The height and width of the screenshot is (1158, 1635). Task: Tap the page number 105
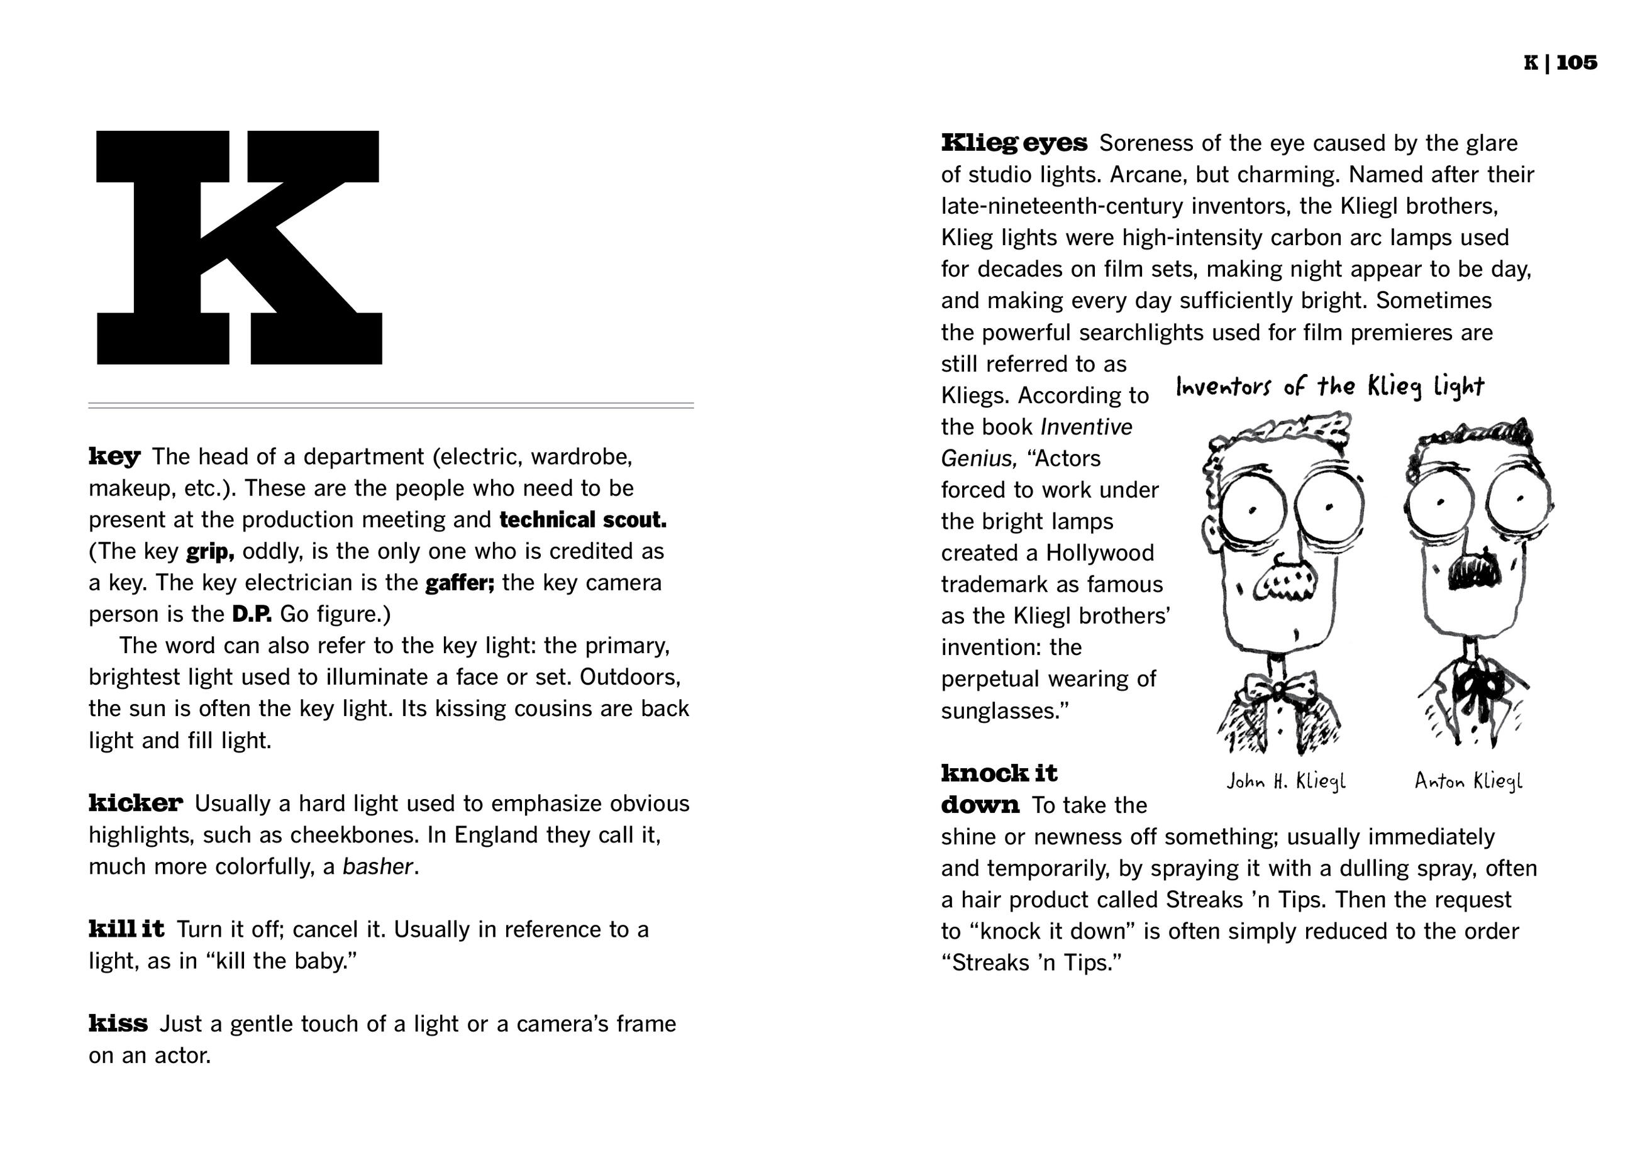(1577, 63)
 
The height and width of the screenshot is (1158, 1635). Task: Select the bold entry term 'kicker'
(136, 803)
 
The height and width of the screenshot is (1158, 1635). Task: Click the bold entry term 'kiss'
(118, 1024)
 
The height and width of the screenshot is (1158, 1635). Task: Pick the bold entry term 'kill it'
(126, 929)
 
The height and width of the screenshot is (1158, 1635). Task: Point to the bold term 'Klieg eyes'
(1014, 143)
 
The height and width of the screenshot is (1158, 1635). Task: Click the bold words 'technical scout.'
(583, 520)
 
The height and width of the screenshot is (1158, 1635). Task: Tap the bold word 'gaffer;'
(460, 583)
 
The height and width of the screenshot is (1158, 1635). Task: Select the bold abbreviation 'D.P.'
(252, 614)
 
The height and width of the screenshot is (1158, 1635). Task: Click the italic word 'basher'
(377, 866)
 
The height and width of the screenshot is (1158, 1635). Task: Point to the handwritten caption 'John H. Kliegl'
(1285, 781)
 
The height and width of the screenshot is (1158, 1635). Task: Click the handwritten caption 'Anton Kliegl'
(1468, 781)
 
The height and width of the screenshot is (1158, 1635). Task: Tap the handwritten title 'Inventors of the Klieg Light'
(1329, 387)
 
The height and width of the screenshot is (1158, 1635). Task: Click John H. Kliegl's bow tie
(1280, 690)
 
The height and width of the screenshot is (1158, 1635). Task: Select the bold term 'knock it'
(999, 773)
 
